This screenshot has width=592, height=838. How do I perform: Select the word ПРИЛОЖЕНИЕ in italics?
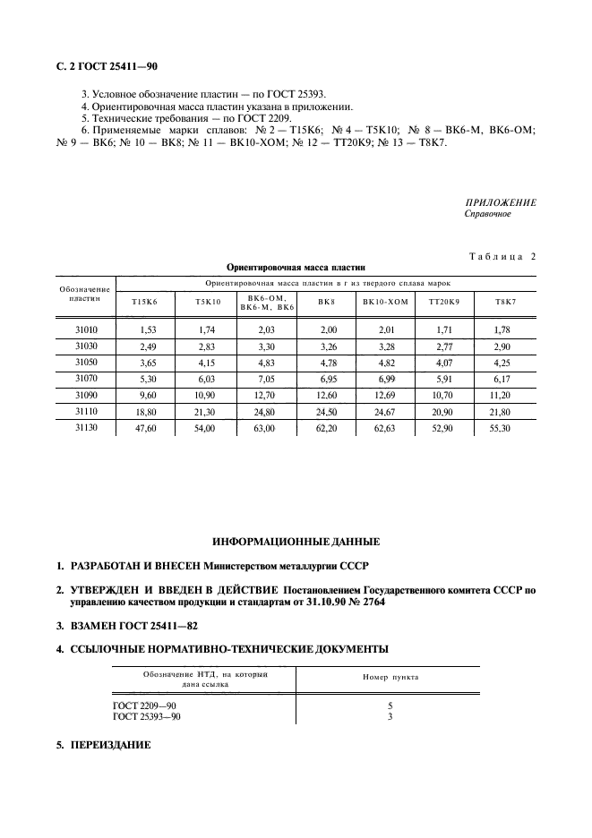[x=501, y=203]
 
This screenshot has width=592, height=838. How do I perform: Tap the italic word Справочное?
[x=488, y=215]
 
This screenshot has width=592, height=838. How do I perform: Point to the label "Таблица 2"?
[x=502, y=257]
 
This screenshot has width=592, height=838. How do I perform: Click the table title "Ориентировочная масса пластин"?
[x=296, y=267]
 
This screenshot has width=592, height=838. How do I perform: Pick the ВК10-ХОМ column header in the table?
[x=385, y=302]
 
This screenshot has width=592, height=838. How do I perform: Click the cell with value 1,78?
[x=502, y=330]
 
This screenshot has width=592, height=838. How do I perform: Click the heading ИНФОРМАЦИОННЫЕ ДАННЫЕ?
[x=296, y=542]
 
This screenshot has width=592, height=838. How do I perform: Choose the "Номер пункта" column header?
[x=390, y=677]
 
